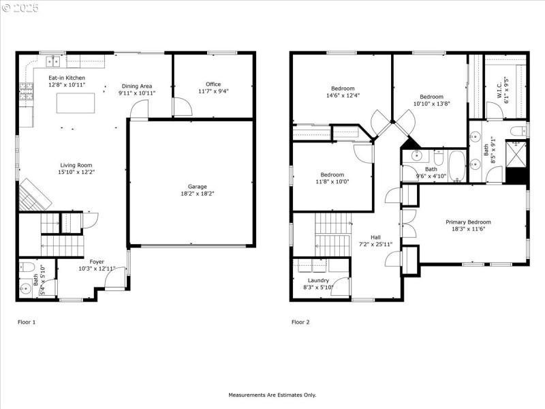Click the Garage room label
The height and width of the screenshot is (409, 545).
coord(198,186)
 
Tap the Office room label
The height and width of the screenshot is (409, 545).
coord(213,85)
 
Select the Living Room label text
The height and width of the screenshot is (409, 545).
coord(76,165)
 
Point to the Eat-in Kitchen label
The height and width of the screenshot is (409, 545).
coord(66,78)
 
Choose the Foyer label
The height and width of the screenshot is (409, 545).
coord(97,261)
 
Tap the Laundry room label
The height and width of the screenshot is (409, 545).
coord(318,280)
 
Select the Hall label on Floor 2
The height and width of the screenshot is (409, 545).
coord(375,237)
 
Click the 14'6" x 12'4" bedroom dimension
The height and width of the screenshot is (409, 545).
coord(343,95)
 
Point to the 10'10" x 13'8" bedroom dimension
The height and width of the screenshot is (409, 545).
coord(431,104)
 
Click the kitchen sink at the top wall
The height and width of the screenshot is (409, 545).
coord(52,62)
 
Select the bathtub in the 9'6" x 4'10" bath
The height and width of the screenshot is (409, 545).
coord(456,166)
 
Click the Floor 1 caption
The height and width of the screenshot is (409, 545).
coord(26,322)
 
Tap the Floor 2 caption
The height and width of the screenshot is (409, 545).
coord(300,322)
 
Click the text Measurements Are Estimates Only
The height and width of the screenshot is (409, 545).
coord(272,395)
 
